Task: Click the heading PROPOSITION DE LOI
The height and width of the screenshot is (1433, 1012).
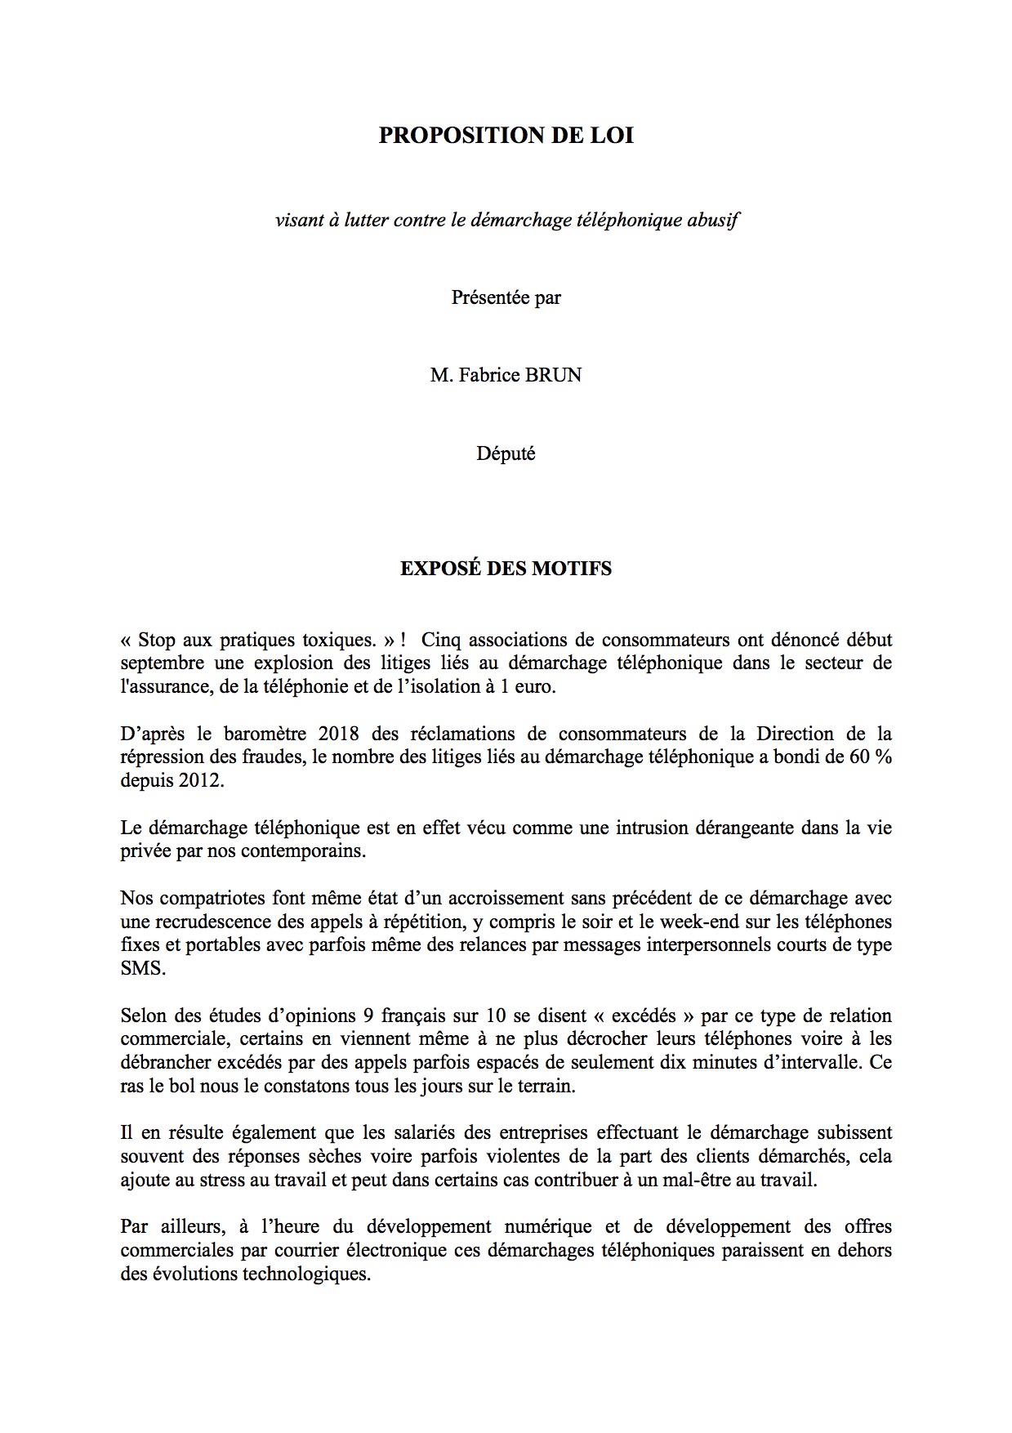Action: (x=506, y=136)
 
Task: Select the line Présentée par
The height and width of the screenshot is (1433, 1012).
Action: (x=506, y=297)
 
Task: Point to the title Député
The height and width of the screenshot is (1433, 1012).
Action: (x=506, y=453)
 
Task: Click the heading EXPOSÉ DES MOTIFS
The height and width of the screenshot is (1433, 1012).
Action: (x=506, y=569)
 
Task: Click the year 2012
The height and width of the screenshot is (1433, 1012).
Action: (x=195, y=780)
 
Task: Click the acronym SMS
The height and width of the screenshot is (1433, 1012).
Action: (x=143, y=969)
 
